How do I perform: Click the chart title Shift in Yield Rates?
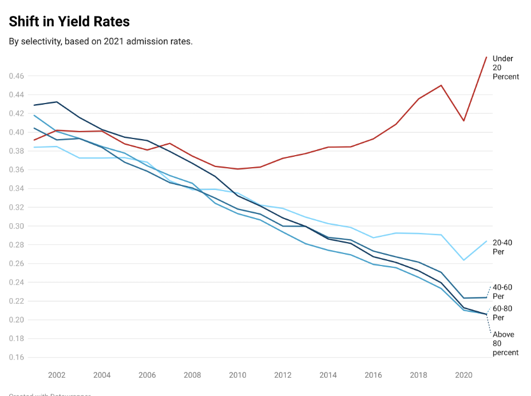pyautogui.click(x=69, y=22)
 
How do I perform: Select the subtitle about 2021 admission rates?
pyautogui.click(x=100, y=42)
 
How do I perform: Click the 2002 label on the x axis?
pyautogui.click(x=57, y=375)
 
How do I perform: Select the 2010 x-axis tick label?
pyautogui.click(x=237, y=375)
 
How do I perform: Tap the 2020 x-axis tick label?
pyautogui.click(x=463, y=375)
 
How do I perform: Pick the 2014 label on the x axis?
pyautogui.click(x=328, y=375)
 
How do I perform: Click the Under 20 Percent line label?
pyautogui.click(x=505, y=68)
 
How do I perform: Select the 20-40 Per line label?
pyautogui.click(x=502, y=247)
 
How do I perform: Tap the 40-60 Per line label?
pyautogui.click(x=502, y=291)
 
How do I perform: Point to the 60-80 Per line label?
pyautogui.click(x=502, y=313)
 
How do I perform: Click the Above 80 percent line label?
pyautogui.click(x=505, y=343)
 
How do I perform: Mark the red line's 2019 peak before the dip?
pyautogui.click(x=441, y=85)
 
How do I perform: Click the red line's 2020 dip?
pyautogui.click(x=463, y=121)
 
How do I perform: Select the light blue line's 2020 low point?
pyautogui.click(x=463, y=260)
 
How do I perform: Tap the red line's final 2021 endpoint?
pyautogui.click(x=486, y=57)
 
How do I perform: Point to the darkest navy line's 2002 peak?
pyautogui.click(x=57, y=102)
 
